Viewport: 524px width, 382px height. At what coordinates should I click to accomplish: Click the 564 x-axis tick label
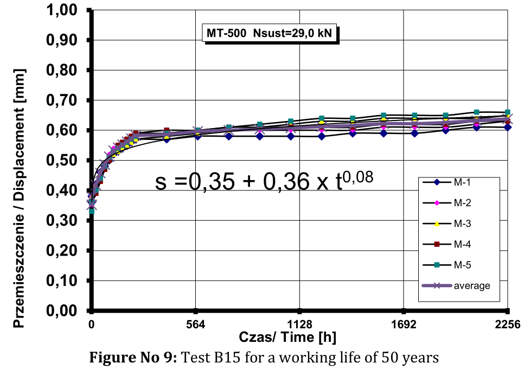point(196,325)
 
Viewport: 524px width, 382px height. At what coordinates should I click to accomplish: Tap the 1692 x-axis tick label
point(404,325)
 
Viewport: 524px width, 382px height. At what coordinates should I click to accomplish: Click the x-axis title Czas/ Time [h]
point(287,338)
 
